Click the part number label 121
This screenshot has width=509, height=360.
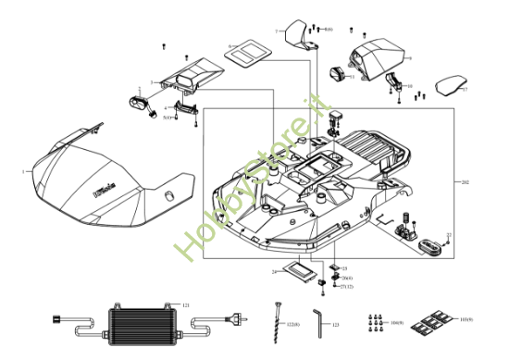click(187, 304)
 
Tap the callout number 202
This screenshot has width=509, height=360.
click(466, 183)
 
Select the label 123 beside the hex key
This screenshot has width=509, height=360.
click(336, 327)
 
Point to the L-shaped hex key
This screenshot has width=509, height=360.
click(317, 321)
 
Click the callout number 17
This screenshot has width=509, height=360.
click(466, 90)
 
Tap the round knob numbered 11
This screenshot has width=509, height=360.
click(338, 72)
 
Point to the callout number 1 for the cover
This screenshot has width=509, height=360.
click(22, 172)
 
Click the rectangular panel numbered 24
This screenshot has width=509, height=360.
click(299, 271)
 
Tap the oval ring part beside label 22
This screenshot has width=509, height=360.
click(428, 247)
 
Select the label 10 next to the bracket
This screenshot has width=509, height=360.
click(409, 86)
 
